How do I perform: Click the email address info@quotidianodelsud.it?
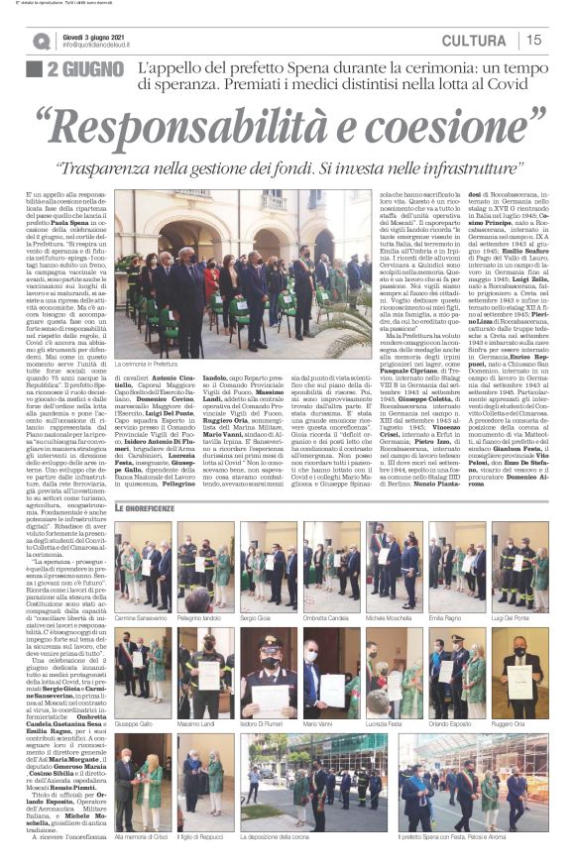tap(106, 45)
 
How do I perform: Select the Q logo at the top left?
tap(42, 41)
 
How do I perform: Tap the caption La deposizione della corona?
tap(269, 836)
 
